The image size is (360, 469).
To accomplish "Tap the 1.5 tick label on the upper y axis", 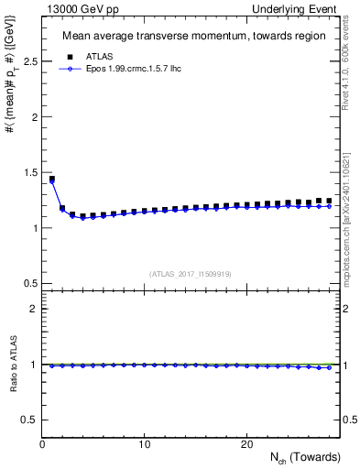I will click(x=29, y=172).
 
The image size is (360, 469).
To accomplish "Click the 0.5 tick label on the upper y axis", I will click(x=29, y=283).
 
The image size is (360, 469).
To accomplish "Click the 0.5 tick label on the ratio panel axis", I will click(x=29, y=420).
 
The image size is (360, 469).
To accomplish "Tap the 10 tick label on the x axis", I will click(x=144, y=444).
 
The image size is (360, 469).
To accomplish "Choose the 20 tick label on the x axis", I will click(x=245, y=444).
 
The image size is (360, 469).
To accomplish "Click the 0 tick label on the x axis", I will click(x=42, y=444).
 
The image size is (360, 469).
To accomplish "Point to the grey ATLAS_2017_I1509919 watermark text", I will click(x=191, y=273).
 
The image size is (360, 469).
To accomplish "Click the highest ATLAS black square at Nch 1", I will click(x=52, y=180).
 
